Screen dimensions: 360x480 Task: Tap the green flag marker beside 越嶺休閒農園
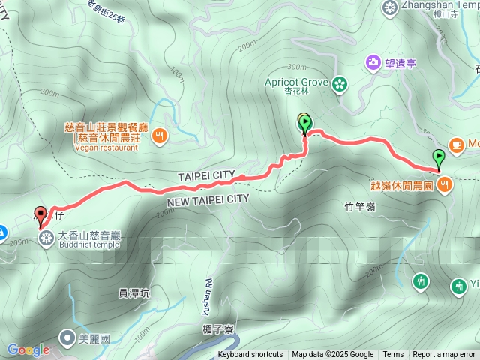[x=439, y=158]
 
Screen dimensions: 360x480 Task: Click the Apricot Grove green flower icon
[x=340, y=83]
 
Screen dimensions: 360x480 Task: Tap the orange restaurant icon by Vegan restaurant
[x=159, y=136]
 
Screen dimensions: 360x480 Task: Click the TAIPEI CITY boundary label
[x=205, y=175]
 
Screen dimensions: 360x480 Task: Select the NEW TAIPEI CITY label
[x=207, y=199]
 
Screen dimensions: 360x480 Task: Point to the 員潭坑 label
[x=134, y=293]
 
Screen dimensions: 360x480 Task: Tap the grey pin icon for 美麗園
[x=67, y=338]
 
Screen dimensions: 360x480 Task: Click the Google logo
[x=28, y=349]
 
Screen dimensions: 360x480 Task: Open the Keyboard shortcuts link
[x=250, y=355]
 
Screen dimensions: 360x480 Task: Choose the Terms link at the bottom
[x=393, y=355]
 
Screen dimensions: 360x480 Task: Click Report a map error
[x=444, y=355]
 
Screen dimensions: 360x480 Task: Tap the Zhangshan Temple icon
[x=390, y=8]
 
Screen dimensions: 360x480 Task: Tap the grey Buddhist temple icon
[x=46, y=239]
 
